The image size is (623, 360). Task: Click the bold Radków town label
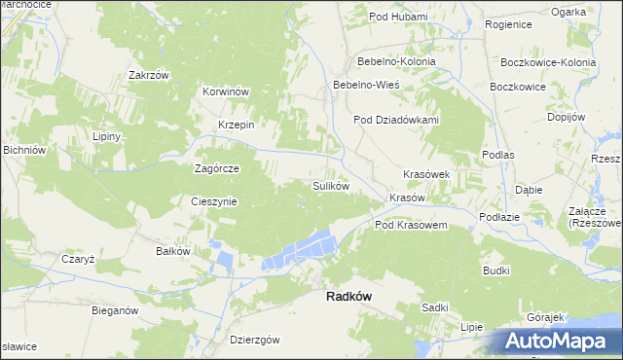[348, 299]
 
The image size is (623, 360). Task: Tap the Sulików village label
[330, 185]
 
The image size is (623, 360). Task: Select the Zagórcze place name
[216, 167]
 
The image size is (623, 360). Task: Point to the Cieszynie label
[213, 201]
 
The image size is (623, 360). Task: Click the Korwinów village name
[227, 91]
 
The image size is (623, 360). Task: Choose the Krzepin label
[236, 125]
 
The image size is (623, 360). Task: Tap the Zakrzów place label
[149, 75]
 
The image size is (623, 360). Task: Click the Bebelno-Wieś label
[366, 85]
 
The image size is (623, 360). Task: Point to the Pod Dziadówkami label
[396, 121]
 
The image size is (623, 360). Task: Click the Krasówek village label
[426, 174]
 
